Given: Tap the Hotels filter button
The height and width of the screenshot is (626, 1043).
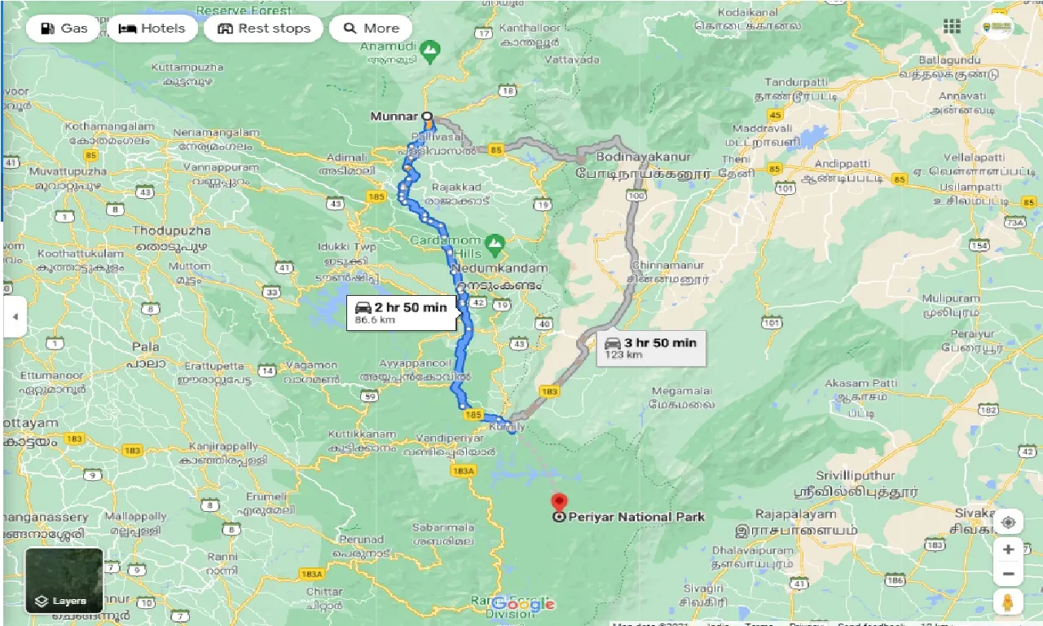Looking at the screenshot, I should point(152,29).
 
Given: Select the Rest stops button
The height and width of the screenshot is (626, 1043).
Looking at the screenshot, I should point(264,29).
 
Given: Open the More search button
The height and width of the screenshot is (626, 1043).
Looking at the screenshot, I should point(372,29).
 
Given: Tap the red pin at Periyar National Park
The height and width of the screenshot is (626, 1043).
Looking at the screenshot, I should point(558,502).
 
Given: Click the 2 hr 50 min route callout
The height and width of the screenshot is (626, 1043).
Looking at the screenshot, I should point(401,312).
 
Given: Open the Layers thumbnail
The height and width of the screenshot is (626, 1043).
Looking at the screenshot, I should point(64,580).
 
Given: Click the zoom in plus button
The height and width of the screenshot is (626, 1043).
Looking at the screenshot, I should point(1008,549).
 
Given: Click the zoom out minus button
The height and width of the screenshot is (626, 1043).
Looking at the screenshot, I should point(1008,575).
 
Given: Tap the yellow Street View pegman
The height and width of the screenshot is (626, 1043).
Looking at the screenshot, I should point(1008,603).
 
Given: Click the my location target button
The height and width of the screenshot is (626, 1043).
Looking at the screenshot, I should point(1008,522).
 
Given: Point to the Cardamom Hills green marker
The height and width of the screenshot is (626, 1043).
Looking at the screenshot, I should point(494,242).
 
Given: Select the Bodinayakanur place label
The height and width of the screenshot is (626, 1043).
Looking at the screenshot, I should point(644,156).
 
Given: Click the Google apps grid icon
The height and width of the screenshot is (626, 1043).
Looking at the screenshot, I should point(952,26).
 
